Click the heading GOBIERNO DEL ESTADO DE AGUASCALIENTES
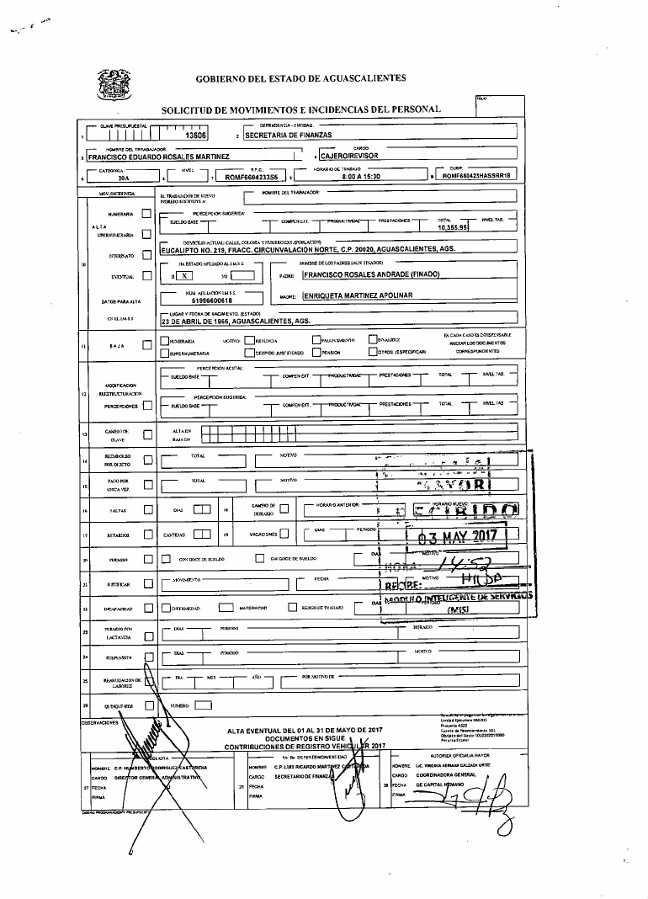[x=300, y=77]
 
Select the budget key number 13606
[x=195, y=135]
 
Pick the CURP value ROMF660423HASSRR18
[x=475, y=178]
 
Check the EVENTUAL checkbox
[x=146, y=275]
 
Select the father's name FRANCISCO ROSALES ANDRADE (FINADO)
[x=371, y=275]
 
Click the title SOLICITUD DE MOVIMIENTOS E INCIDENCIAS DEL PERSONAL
[x=300, y=109]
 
